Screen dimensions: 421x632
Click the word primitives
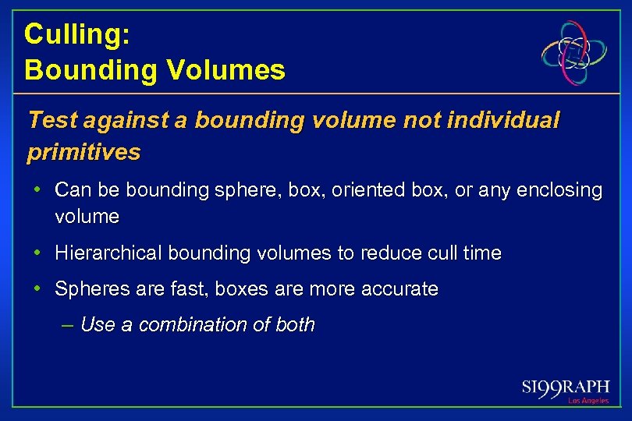(83, 152)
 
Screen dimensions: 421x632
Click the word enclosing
(559, 190)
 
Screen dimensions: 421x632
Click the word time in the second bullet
(481, 253)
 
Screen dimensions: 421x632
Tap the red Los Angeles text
(589, 401)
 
